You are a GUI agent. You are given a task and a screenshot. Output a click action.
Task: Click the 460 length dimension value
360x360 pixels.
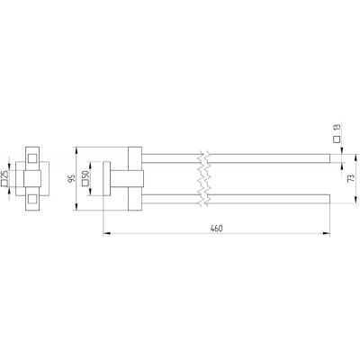[x=216, y=229]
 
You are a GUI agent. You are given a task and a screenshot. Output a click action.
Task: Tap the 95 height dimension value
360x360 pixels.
[x=71, y=179]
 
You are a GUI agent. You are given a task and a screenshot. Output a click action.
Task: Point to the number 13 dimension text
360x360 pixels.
[x=337, y=127]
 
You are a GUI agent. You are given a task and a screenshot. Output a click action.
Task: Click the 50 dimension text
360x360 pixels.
[x=85, y=175]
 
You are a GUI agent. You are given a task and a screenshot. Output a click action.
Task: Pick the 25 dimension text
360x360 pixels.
[x=4, y=175]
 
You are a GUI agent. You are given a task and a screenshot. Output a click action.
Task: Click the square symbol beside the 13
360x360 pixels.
[x=337, y=139]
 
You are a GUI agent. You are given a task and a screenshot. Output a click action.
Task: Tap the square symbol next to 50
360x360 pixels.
[x=85, y=183]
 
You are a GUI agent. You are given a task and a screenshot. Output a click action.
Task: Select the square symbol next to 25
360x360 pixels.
[x=4, y=183]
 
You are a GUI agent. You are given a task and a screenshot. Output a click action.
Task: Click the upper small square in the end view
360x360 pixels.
[x=32, y=158]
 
